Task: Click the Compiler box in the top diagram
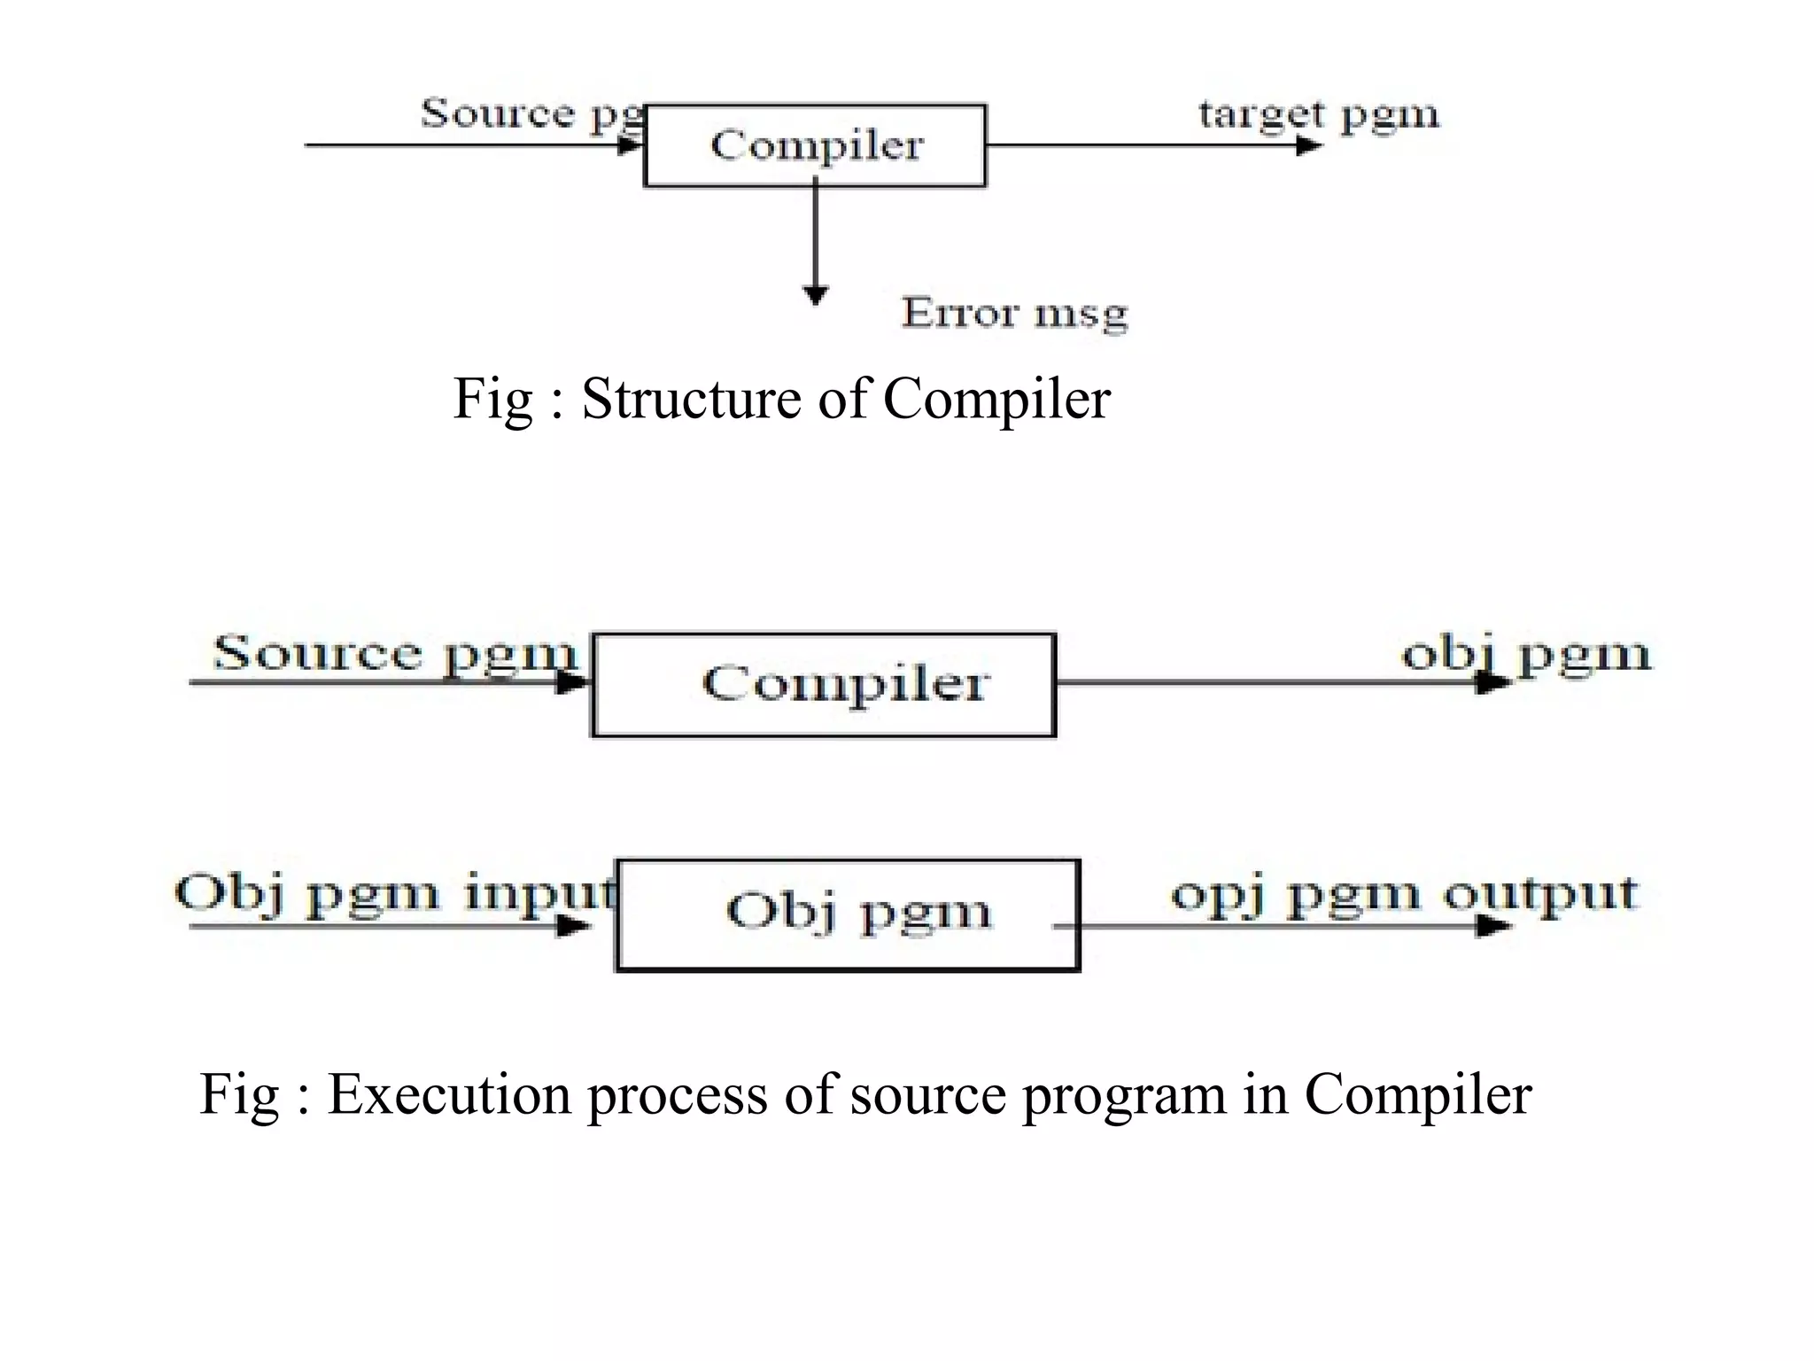[x=815, y=145]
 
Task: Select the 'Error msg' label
[x=1014, y=314]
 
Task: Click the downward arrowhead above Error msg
[x=815, y=294]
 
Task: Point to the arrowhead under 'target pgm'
[x=1308, y=144]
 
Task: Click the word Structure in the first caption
[x=691, y=399]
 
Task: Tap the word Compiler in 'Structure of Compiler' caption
[x=996, y=399]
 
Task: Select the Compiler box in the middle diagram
[x=824, y=684]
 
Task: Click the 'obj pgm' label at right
[x=1525, y=656]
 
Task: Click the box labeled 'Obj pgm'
[x=848, y=914]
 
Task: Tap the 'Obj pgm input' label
[x=395, y=893]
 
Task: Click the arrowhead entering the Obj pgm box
[x=574, y=927]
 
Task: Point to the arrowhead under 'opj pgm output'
[x=1492, y=927]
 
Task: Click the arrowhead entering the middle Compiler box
[x=572, y=682]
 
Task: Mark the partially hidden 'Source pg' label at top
[x=531, y=113]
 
